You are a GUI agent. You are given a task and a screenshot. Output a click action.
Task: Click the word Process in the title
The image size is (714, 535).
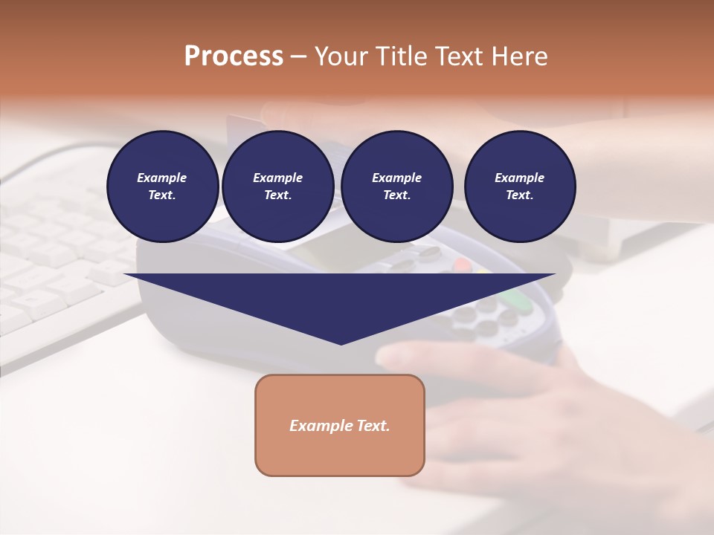[x=234, y=56]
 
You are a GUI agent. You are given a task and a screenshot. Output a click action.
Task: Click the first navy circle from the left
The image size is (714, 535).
[x=162, y=186]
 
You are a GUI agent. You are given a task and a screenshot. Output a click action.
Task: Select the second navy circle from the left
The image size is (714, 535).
[x=278, y=186]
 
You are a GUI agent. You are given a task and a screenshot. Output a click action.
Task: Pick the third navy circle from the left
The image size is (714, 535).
[x=396, y=186]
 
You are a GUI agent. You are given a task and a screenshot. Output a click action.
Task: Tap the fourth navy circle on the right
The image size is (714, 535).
[x=520, y=186]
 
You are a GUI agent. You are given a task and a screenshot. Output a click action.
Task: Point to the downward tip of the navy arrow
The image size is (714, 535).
[x=341, y=342]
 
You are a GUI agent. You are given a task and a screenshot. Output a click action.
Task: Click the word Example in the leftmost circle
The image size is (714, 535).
[x=162, y=178]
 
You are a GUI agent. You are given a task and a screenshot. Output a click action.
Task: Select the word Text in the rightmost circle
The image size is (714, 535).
[x=519, y=195]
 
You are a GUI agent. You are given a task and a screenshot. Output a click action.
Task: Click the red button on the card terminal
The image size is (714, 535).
[x=463, y=264]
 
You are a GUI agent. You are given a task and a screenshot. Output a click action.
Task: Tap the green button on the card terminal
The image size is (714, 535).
[x=512, y=300]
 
